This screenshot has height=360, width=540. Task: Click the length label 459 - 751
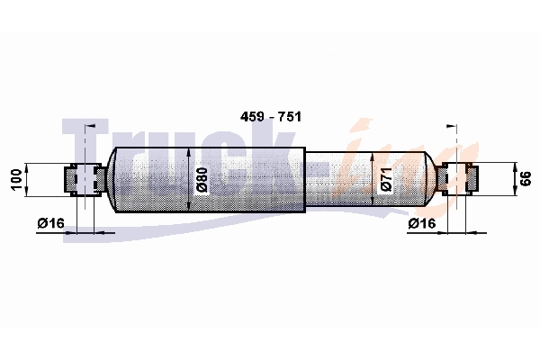pos(271,117)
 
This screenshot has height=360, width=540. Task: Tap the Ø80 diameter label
pos(202,180)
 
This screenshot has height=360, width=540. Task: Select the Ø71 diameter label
pos(387,180)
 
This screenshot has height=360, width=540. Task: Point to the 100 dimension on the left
pos(16,179)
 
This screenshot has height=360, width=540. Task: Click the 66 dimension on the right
pos(526,179)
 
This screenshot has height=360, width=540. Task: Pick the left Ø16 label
pos(51,223)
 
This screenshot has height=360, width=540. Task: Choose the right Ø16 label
pos(422,223)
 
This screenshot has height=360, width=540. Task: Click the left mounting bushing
pos(85,179)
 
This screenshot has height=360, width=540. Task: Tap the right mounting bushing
pos(457,179)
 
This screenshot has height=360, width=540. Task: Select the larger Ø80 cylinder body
pos(210,180)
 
